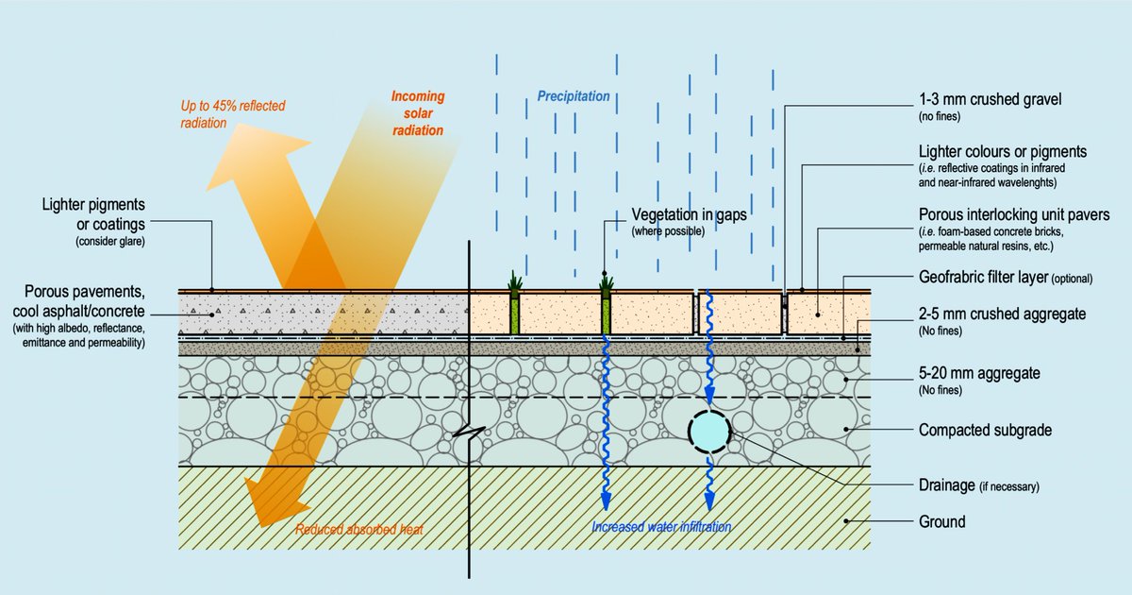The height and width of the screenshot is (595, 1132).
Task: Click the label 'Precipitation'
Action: pos(574,96)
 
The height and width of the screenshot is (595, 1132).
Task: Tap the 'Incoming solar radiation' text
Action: pos(418,113)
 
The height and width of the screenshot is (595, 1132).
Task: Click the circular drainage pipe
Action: pos(709,431)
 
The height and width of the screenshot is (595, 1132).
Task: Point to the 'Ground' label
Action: pos(941,521)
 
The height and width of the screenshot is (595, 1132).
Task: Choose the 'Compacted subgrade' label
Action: pos(985,431)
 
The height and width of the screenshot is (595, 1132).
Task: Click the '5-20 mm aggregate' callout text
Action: pos(979,373)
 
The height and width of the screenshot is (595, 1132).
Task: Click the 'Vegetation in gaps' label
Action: pos(689,214)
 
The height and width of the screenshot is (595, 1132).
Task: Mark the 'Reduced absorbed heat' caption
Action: pos(358,530)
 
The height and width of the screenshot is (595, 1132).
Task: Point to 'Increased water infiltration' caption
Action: pos(660,527)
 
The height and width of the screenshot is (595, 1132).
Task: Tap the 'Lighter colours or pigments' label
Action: pos(1003,151)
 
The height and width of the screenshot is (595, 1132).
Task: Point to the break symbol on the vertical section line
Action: pos(470,435)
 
